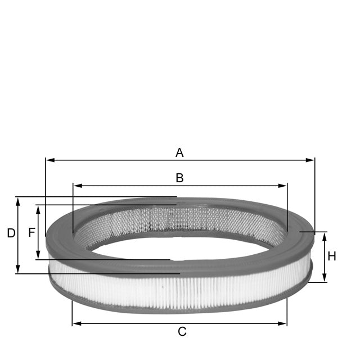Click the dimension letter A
tap(179, 152)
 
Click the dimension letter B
tap(179, 178)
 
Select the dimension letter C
tap(182, 332)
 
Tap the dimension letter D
tap(11, 233)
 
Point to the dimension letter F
tap(31, 232)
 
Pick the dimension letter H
tap(332, 256)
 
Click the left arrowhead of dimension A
tap(49, 160)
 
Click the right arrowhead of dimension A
tap(311, 160)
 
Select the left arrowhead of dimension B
tap(76, 186)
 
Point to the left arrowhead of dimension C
tap(76, 323)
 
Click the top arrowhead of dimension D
tap(18, 200)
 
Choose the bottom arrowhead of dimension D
tap(18, 269)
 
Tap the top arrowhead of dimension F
tap(38, 208)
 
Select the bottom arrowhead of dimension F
tap(38, 256)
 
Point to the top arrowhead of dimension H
tap(325, 235)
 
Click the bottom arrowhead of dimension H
tap(325, 278)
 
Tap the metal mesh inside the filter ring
tap(180, 219)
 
